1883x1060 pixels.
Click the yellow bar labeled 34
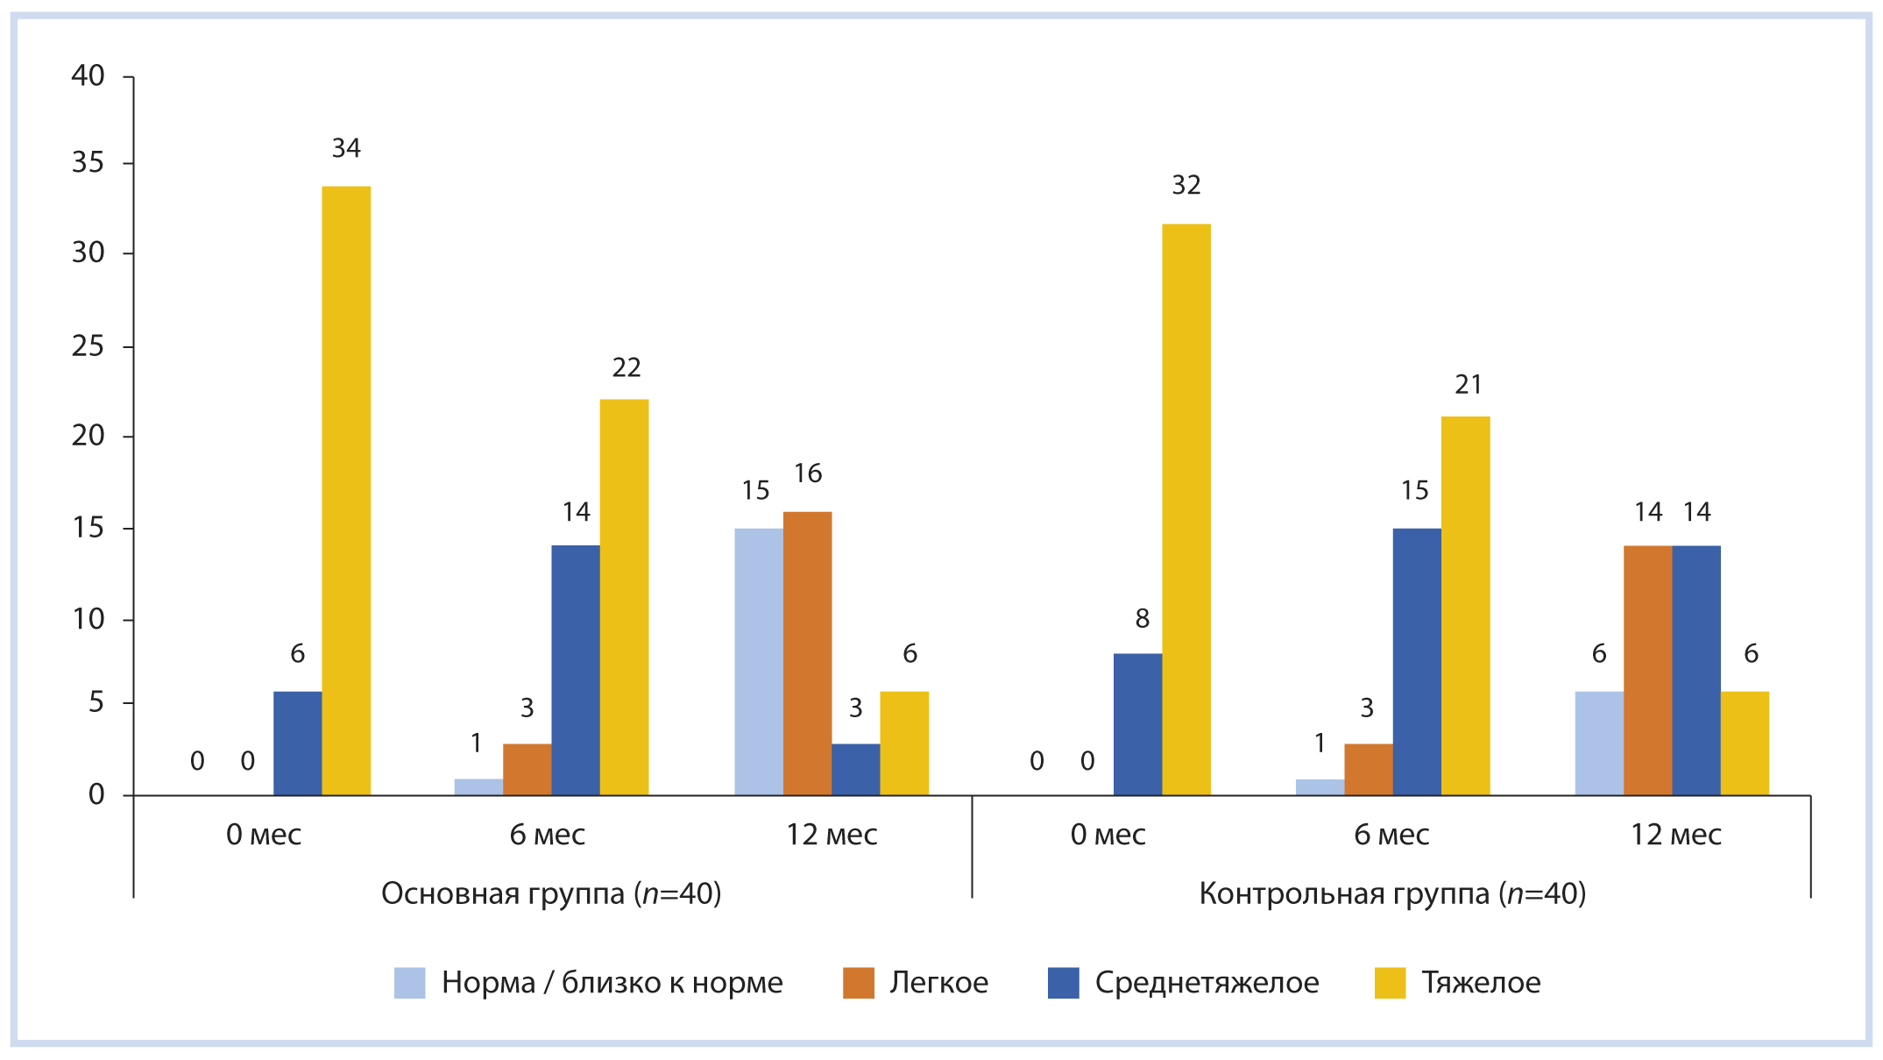(x=346, y=491)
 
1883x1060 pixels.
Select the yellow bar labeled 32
(x=1186, y=509)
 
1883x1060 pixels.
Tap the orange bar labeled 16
(x=807, y=653)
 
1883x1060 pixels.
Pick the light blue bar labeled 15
(x=759, y=662)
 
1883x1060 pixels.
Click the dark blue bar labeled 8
(x=1137, y=724)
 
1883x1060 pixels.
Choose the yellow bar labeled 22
(x=624, y=597)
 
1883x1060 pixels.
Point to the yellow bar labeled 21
(x=1465, y=606)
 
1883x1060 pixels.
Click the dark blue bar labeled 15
(x=1417, y=662)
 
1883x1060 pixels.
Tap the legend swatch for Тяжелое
(x=1390, y=983)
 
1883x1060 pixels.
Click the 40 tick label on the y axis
(x=88, y=76)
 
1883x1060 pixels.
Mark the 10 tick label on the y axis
(x=88, y=620)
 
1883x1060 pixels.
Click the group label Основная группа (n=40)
(x=551, y=893)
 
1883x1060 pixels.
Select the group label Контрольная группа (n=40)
(x=1392, y=893)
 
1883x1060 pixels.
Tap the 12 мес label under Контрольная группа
(x=1675, y=835)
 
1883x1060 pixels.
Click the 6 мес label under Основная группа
(x=548, y=835)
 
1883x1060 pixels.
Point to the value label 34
(x=346, y=148)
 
